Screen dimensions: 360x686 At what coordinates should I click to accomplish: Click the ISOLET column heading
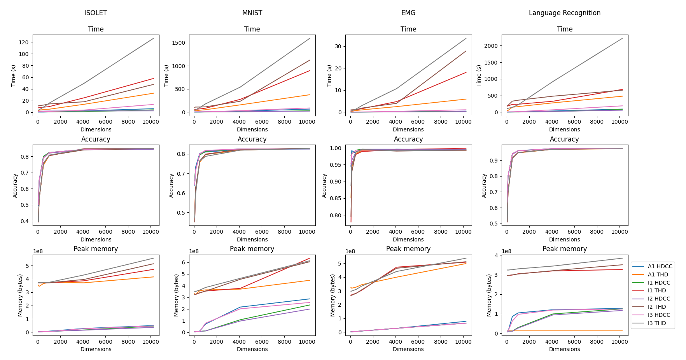click(96, 13)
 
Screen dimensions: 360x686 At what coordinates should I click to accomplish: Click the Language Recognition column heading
click(564, 13)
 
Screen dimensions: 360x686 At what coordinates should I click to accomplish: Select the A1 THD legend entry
click(658, 274)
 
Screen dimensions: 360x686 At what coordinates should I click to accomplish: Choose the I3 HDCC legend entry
click(659, 315)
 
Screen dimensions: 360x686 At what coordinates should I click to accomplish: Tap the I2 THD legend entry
click(657, 307)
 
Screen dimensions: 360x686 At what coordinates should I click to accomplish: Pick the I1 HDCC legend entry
click(659, 283)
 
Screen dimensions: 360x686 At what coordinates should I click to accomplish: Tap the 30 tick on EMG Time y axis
click(338, 46)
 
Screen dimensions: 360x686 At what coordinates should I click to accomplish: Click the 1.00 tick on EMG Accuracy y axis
click(336, 148)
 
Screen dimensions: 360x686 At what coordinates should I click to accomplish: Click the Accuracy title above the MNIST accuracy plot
click(252, 139)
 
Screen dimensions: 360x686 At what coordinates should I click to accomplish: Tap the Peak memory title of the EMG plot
click(408, 249)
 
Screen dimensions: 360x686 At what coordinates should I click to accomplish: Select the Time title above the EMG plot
click(408, 29)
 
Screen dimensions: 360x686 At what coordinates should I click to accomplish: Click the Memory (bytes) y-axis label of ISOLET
click(20, 295)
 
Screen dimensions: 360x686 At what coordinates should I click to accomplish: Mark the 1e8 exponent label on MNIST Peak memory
click(194, 251)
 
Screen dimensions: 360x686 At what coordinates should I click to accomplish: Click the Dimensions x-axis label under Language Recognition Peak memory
click(564, 349)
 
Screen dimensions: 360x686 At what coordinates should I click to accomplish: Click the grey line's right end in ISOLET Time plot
click(154, 38)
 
